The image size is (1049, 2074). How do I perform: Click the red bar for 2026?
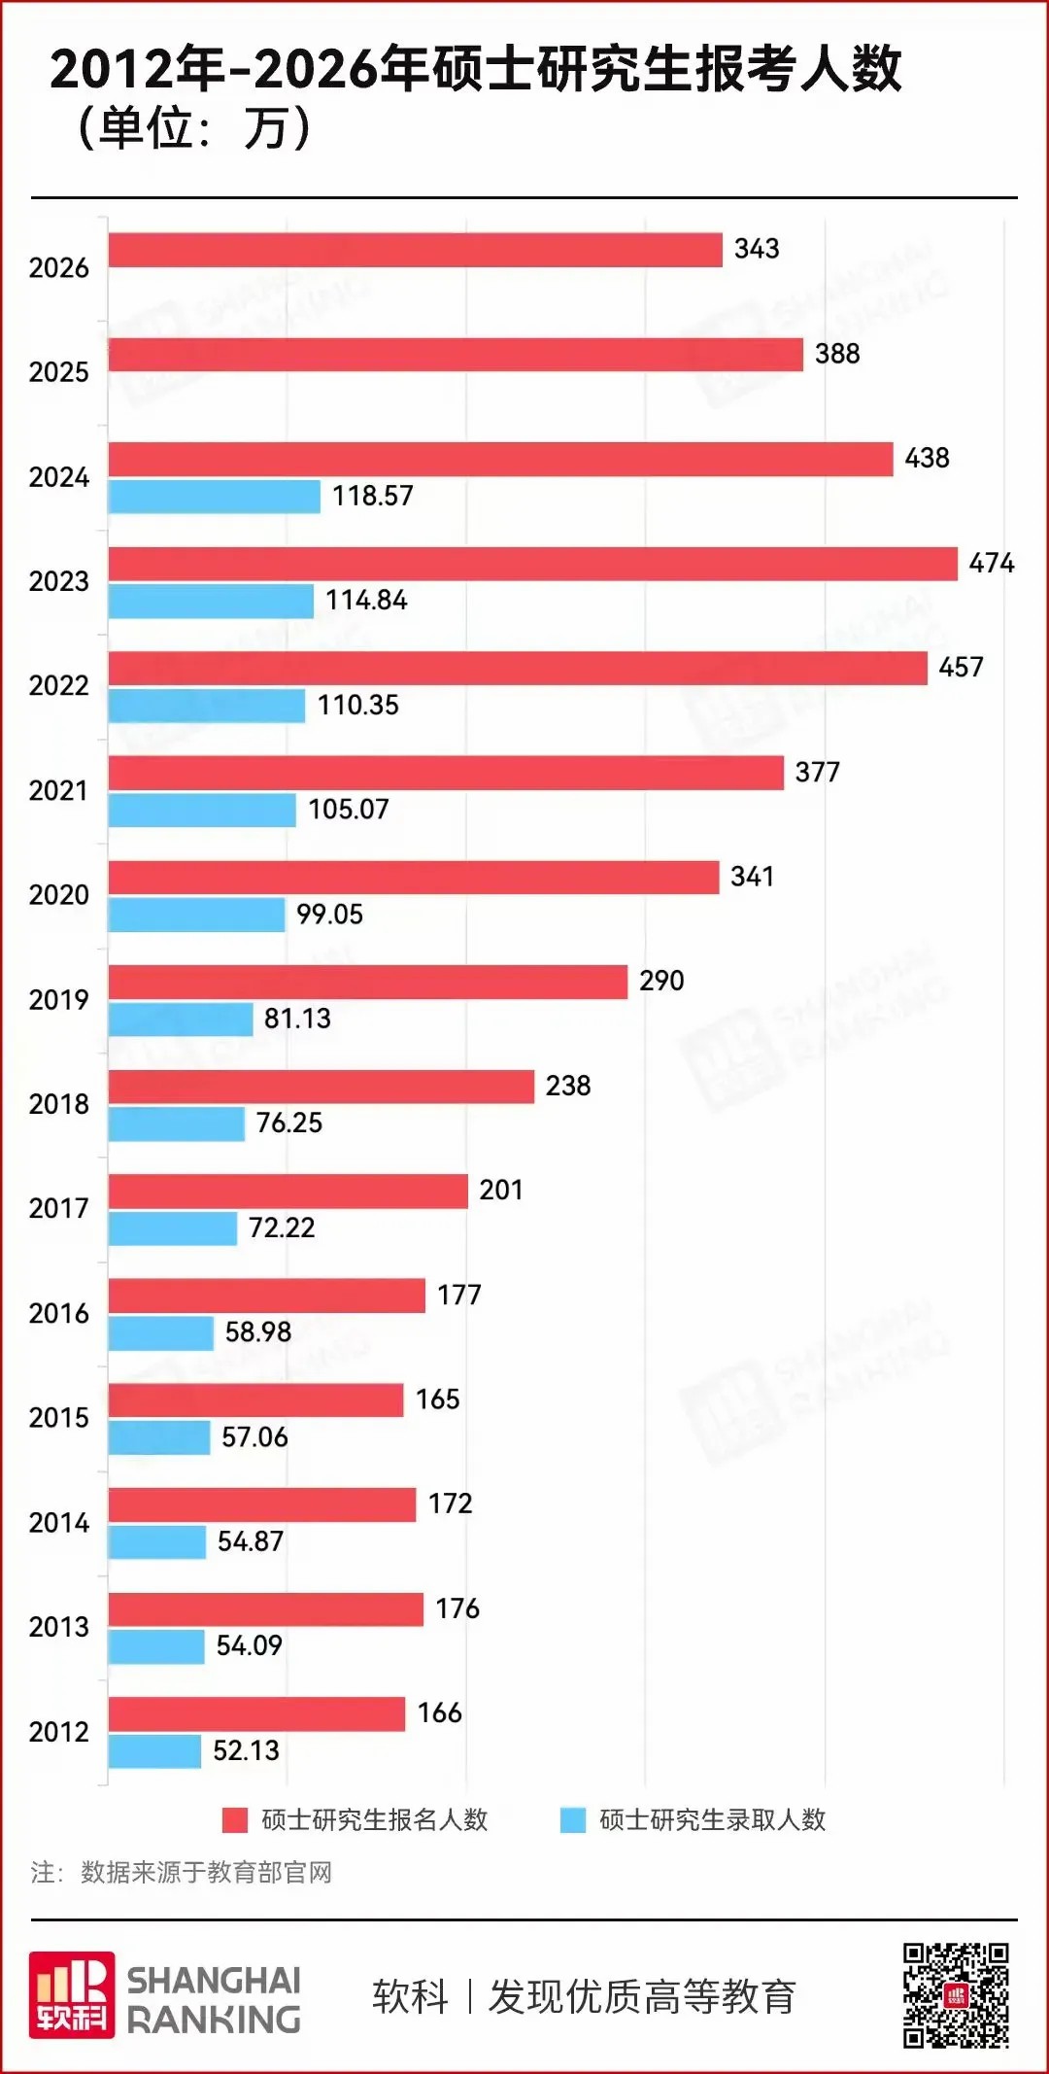pos(415,250)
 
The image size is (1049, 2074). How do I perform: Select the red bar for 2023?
pos(532,564)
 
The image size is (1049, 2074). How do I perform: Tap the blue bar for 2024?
pos(214,497)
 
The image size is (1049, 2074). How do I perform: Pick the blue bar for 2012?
pos(154,1751)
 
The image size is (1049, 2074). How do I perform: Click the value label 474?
pos(991,563)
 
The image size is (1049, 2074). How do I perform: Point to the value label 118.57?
pos(373,496)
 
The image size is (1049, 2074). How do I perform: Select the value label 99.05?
pos(329,915)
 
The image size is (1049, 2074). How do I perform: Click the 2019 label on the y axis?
pos(58,1000)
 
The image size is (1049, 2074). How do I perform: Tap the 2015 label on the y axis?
pos(58,1418)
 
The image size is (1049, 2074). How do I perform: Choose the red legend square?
pos(235,1820)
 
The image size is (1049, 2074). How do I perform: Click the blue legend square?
pos(573,1820)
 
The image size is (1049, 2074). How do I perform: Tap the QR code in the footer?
pos(956,1995)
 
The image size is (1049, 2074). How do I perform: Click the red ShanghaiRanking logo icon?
pos(72,1995)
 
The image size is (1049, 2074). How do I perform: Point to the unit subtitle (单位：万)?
pos(194,128)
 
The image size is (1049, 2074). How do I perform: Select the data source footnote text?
pos(182,1872)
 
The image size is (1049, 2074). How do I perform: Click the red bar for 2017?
pos(288,1192)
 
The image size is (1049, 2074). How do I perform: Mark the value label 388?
pos(837,354)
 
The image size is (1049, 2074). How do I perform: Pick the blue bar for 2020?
pos(196,915)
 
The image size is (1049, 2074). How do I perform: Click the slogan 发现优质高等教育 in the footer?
pos(642,1997)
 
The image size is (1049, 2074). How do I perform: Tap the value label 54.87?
pos(251,1541)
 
